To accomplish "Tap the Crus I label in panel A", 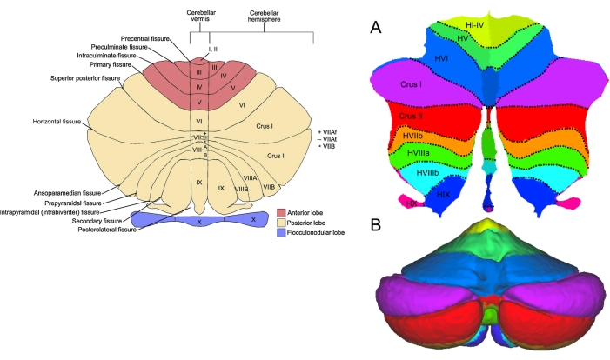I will pos(413,85).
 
